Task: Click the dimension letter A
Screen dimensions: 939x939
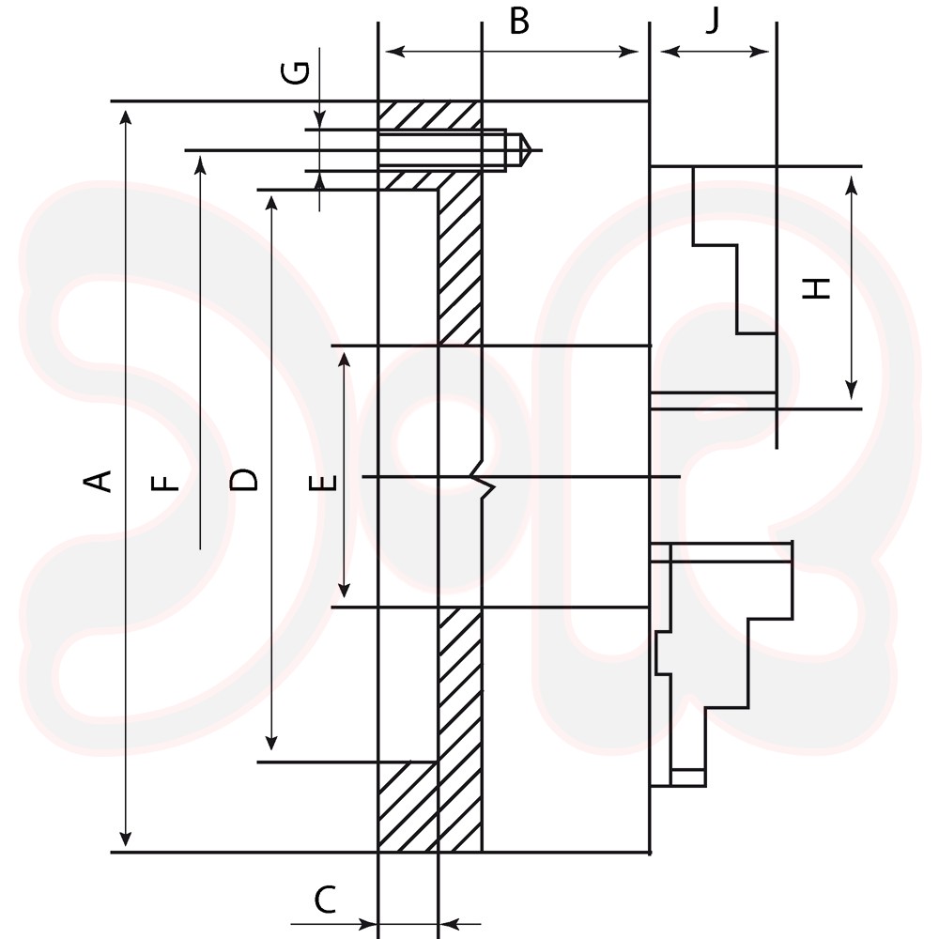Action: pos(97,481)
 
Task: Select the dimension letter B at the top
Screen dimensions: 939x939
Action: pos(519,21)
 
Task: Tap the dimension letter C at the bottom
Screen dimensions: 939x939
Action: pos(325,899)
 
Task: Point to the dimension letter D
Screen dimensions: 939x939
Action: pos(243,480)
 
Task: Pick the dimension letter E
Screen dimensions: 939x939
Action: pos(323,483)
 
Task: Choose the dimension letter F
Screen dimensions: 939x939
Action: pos(165,483)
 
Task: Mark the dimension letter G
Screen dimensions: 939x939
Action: pos(295,72)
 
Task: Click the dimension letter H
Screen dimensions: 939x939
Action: pos(816,288)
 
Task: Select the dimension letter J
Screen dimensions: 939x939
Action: pos(712,21)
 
